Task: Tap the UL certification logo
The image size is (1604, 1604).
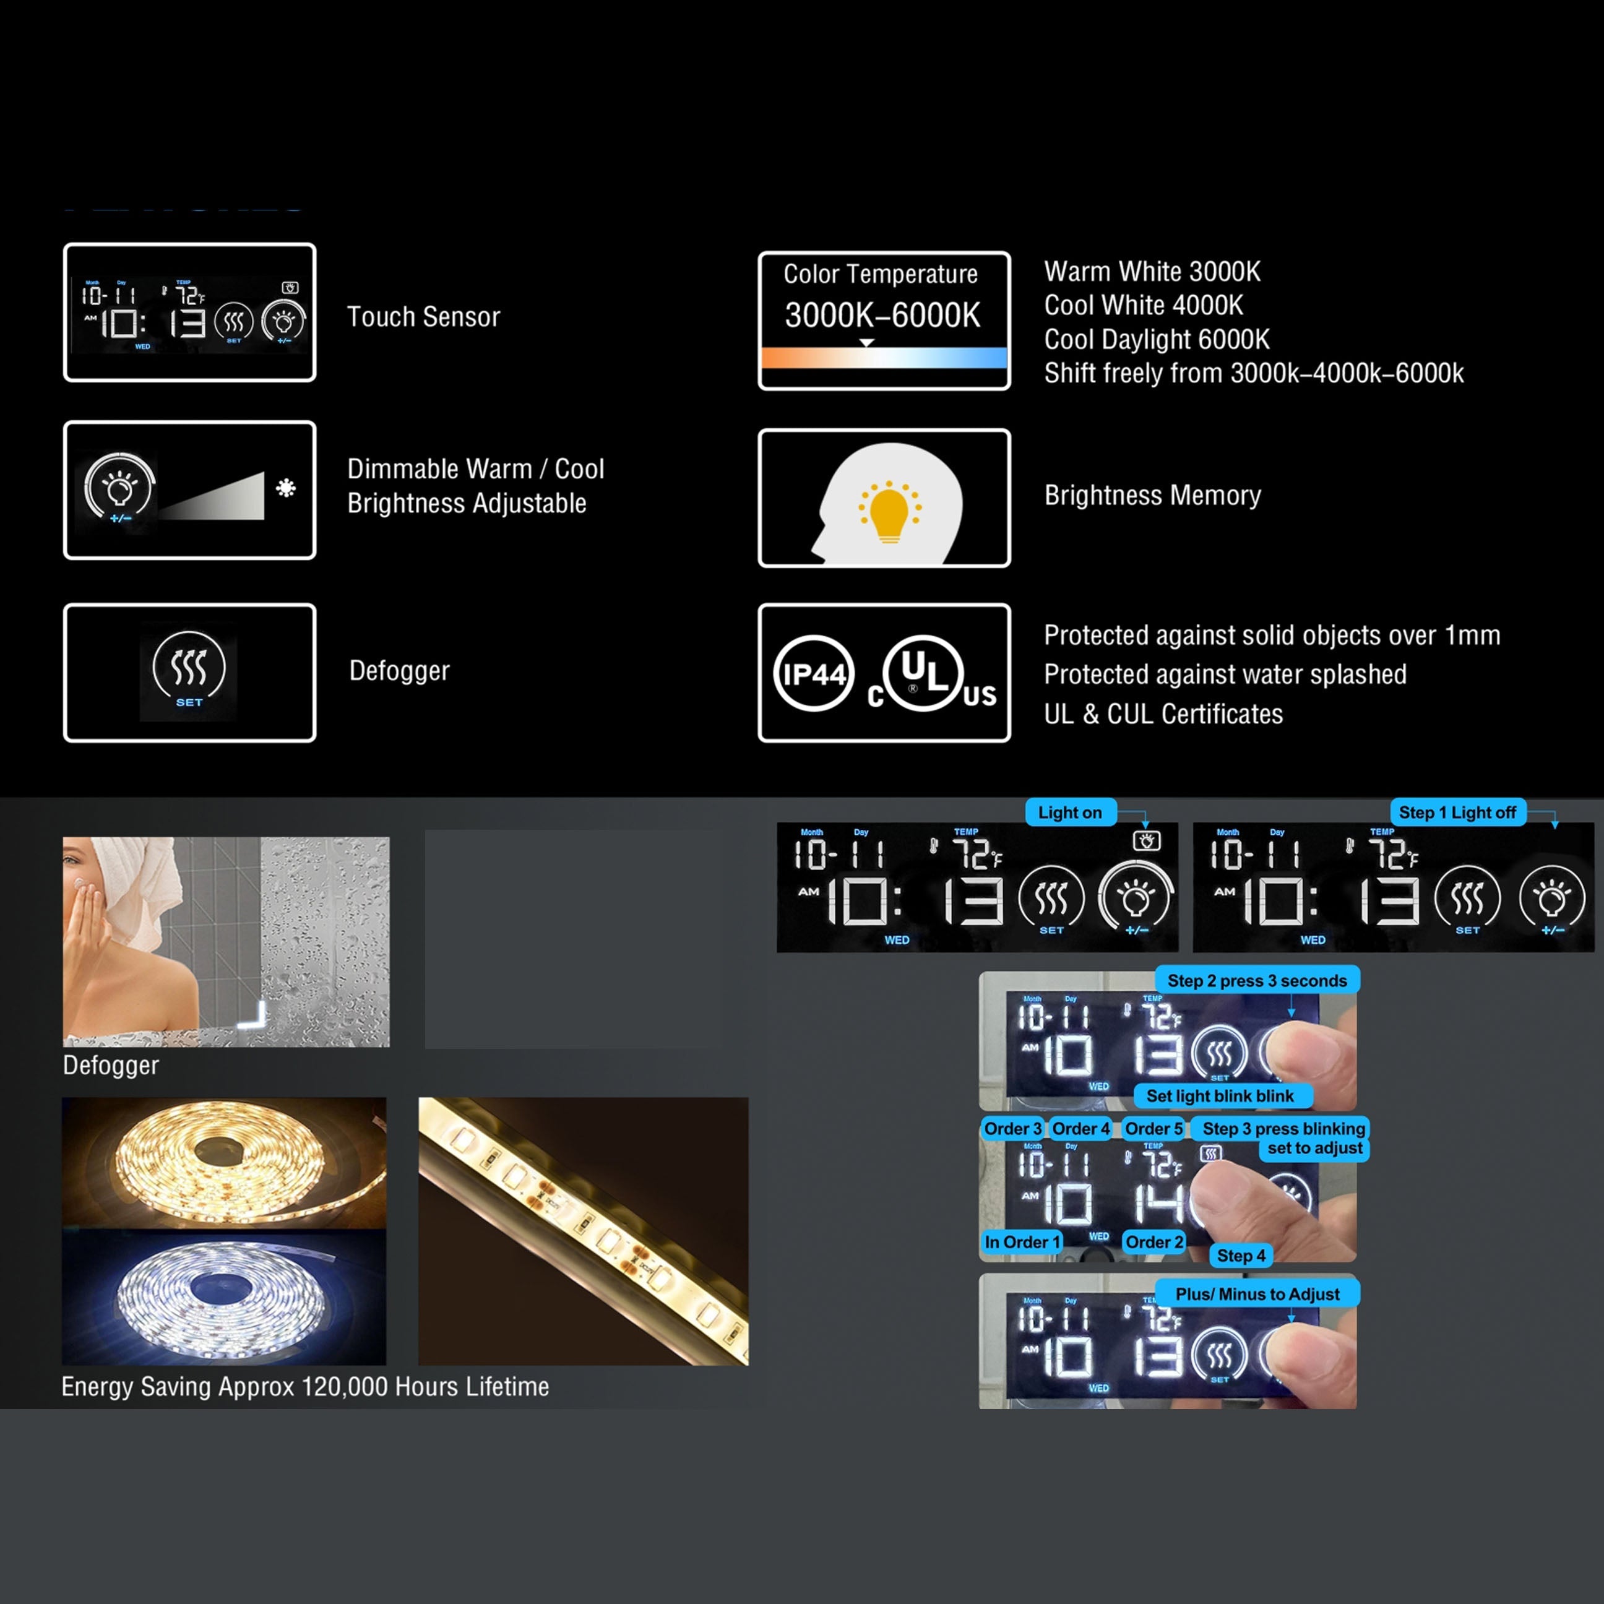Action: tap(923, 673)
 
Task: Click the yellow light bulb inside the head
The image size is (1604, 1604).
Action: tap(889, 514)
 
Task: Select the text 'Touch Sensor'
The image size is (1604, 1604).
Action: tap(423, 316)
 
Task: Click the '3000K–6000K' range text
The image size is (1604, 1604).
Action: tap(882, 316)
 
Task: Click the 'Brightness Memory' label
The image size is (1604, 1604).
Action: tap(1152, 496)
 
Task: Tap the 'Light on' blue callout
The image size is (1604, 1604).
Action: tap(1069, 813)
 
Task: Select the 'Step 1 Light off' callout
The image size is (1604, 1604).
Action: tap(1457, 813)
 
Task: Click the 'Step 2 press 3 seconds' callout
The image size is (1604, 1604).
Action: tap(1256, 980)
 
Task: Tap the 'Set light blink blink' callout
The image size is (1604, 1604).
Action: tap(1220, 1096)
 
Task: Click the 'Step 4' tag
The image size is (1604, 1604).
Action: tap(1241, 1256)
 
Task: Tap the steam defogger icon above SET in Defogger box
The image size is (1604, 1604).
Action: tap(189, 666)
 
